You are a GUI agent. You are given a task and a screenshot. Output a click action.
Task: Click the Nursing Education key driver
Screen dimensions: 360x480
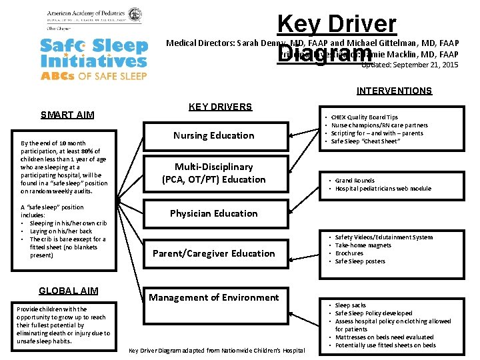(213, 135)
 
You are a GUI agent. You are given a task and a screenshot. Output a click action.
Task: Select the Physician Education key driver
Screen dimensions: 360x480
(213, 213)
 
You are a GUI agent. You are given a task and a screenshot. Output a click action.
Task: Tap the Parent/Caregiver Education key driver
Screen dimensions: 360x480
(213, 253)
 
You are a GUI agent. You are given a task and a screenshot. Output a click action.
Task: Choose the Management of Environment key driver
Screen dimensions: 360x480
(213, 297)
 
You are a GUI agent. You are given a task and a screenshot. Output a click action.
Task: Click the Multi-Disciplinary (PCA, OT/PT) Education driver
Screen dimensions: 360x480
(213, 173)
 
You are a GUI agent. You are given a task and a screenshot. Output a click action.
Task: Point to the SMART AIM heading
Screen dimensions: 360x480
(67, 115)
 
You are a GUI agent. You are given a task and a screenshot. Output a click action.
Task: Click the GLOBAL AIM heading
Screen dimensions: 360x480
(69, 291)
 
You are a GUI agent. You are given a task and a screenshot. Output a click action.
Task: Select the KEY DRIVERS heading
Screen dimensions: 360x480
(220, 107)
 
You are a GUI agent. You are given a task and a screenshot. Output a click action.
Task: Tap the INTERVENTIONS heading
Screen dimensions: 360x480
(394, 91)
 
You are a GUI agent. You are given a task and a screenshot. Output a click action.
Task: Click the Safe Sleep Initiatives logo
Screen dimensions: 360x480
(93, 59)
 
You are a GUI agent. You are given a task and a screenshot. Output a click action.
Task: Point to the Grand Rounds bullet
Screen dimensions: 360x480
(355, 181)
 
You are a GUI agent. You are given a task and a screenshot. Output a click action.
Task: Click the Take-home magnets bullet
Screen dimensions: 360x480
(363, 245)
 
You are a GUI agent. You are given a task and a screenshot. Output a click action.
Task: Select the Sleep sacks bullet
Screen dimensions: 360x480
(351, 305)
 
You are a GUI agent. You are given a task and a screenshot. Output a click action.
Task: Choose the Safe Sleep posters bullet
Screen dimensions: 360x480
(360, 261)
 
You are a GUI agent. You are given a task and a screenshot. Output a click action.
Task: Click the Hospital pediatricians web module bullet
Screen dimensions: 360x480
(383, 189)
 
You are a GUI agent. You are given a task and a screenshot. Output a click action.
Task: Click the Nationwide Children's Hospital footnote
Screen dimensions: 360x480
(217, 350)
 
